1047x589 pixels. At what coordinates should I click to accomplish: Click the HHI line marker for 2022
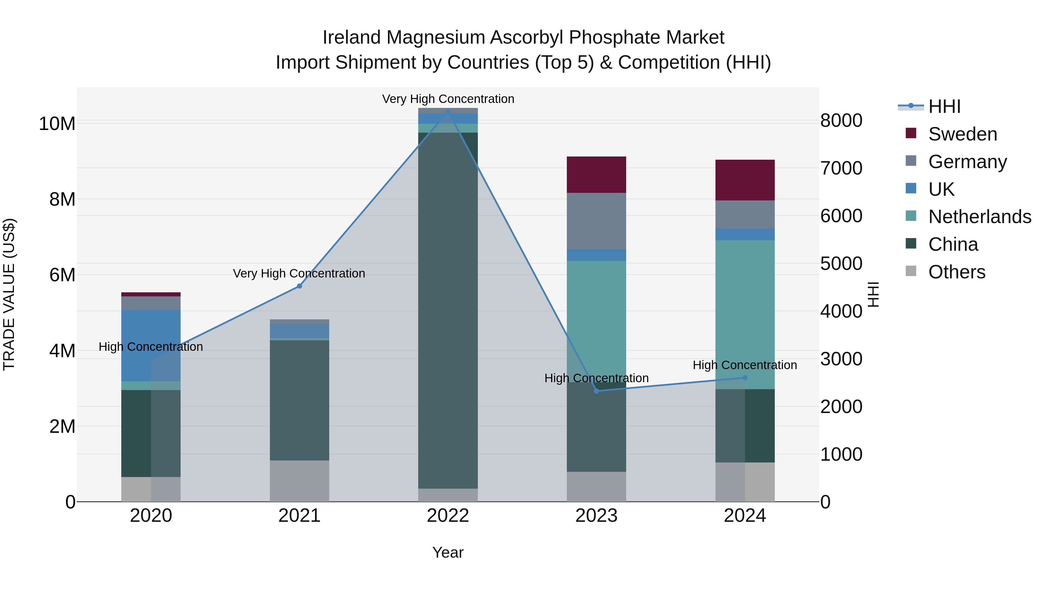(448, 111)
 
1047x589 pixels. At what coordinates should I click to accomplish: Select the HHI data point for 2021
(300, 286)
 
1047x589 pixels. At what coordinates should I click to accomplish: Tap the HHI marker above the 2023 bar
(597, 391)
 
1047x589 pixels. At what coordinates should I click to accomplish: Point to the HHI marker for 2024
(745, 378)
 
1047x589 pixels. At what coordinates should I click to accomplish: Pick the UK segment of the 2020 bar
(151, 346)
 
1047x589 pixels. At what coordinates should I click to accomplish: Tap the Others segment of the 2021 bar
(300, 481)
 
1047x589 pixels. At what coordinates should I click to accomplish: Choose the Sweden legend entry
(962, 134)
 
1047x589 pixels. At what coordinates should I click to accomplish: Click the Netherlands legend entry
(980, 217)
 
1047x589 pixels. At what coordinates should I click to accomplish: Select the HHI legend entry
(944, 106)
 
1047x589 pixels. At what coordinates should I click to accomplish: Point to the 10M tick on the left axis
(57, 124)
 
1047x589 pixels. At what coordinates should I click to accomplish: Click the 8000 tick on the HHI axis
(841, 121)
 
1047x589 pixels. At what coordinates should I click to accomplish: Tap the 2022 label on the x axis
(448, 516)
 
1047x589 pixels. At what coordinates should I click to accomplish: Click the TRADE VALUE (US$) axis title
(9, 294)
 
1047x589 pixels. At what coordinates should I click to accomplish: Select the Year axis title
(448, 552)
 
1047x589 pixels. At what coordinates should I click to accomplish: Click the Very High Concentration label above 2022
(448, 99)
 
